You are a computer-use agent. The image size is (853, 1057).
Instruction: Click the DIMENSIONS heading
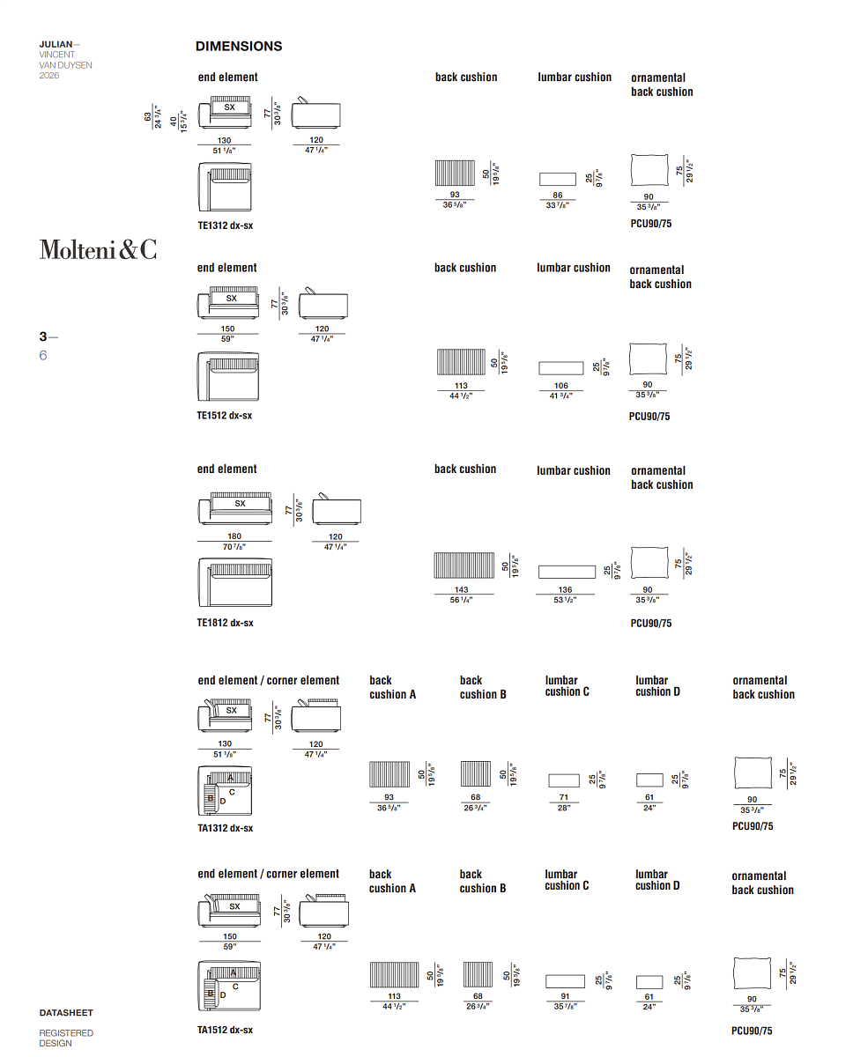tap(239, 46)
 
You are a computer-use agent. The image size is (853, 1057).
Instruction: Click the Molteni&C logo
tap(99, 249)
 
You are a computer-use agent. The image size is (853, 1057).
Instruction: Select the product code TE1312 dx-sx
tap(226, 225)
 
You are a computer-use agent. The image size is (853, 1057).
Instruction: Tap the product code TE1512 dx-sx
tap(225, 416)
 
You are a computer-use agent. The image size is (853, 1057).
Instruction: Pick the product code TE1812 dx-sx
tap(225, 623)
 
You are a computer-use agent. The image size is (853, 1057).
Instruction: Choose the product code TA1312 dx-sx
tap(225, 828)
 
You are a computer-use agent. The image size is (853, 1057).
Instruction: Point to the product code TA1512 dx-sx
tap(225, 1030)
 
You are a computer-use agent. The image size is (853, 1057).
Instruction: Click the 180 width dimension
tap(234, 536)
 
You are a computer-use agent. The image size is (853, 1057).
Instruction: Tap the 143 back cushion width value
tap(462, 589)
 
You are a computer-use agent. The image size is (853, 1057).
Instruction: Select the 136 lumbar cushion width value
tap(565, 589)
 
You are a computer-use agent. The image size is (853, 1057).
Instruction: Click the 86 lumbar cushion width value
tap(557, 195)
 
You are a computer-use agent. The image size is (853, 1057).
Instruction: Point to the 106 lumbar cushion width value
tap(561, 386)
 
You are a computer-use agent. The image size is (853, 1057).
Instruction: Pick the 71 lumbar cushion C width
tap(564, 797)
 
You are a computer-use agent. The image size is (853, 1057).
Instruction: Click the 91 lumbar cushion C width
tap(565, 996)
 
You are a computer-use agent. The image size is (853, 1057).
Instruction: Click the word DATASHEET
tap(66, 1013)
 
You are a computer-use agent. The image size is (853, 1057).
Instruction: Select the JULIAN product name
tap(56, 44)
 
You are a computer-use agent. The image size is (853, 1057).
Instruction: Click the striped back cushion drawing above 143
tap(464, 565)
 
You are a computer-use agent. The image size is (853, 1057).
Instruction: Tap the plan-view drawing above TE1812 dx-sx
tap(235, 582)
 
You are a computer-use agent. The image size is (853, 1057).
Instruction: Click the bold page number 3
tap(43, 336)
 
